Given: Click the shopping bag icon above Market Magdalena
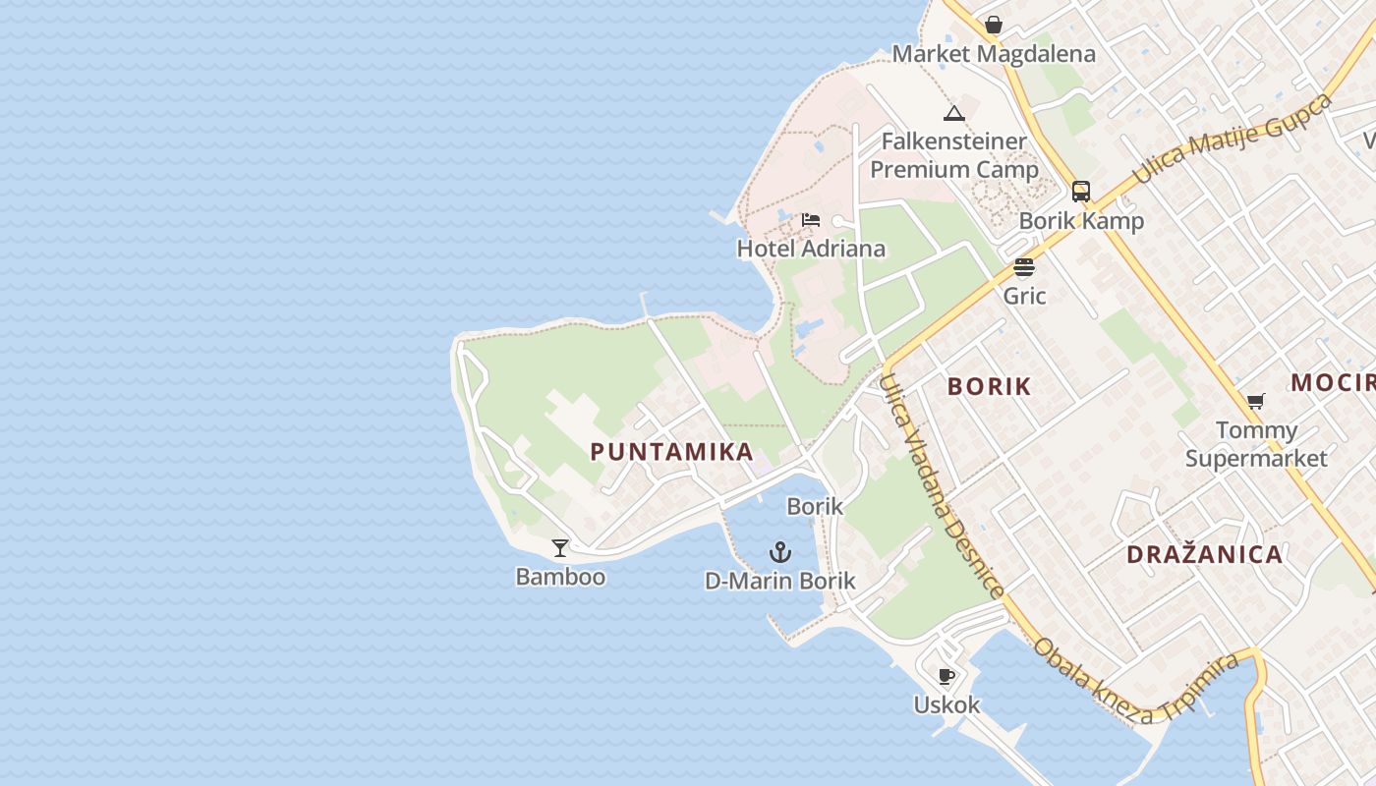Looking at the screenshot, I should (994, 25).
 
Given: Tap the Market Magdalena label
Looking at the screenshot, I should (994, 54).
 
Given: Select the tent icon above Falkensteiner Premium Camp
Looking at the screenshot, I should (953, 113).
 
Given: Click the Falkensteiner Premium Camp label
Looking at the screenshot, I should (954, 155).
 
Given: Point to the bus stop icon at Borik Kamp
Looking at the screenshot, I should (1081, 192).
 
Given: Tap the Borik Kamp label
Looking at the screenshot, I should (1081, 221).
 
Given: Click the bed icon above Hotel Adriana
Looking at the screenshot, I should (811, 219).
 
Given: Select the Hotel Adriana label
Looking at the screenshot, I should (811, 249).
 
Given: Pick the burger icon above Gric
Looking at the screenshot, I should (1024, 267).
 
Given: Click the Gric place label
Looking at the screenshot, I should (1024, 296).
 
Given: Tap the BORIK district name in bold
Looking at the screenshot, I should (989, 387).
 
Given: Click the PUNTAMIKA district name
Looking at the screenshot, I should (672, 452).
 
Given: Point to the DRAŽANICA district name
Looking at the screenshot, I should (1205, 554).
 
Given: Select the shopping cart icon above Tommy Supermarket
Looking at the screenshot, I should (1255, 401).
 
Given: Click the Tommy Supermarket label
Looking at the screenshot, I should (1256, 444).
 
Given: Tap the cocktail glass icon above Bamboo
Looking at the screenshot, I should (560, 547).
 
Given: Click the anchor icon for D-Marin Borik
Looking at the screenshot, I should (780, 551).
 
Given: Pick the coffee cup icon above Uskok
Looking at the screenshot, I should (946, 676).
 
